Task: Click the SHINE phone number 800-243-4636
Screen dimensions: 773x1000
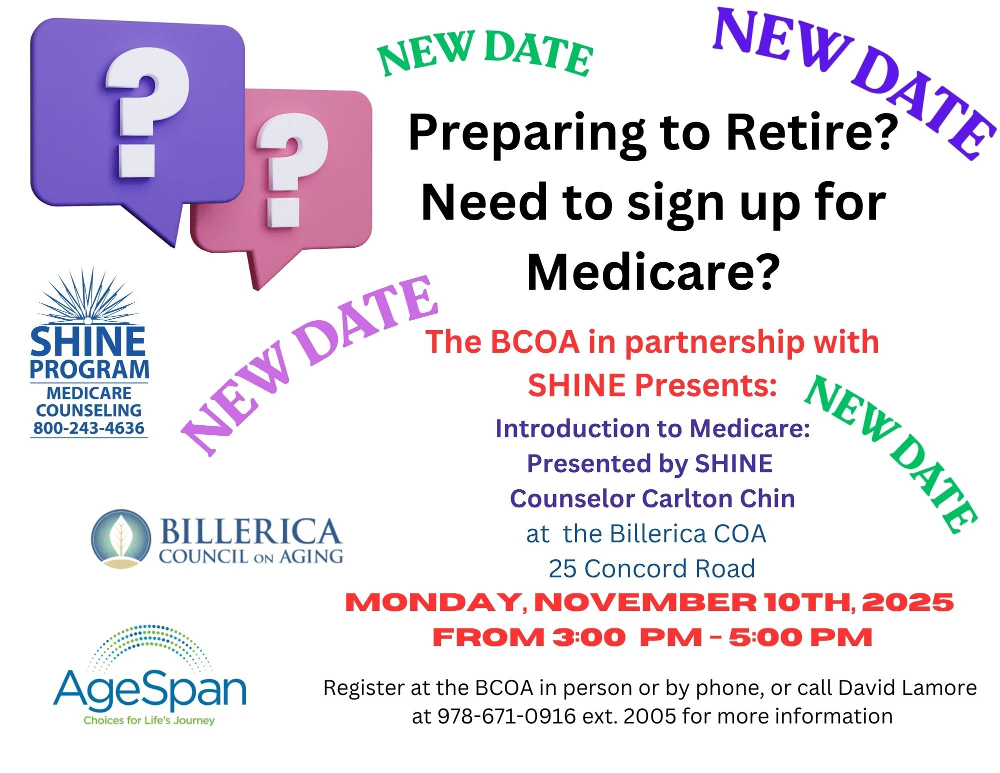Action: point(89,428)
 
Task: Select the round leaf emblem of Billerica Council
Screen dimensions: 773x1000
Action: point(121,539)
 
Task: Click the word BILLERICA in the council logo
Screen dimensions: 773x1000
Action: point(250,531)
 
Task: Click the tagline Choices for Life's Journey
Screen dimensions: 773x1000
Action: point(149,720)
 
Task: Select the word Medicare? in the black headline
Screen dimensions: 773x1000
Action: point(653,273)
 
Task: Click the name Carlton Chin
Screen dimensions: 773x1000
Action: point(718,499)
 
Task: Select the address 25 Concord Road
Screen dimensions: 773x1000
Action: point(652,569)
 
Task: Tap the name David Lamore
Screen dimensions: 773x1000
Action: point(907,688)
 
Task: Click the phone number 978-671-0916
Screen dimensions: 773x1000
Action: point(506,716)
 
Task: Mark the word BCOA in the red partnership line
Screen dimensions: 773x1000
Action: point(534,342)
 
